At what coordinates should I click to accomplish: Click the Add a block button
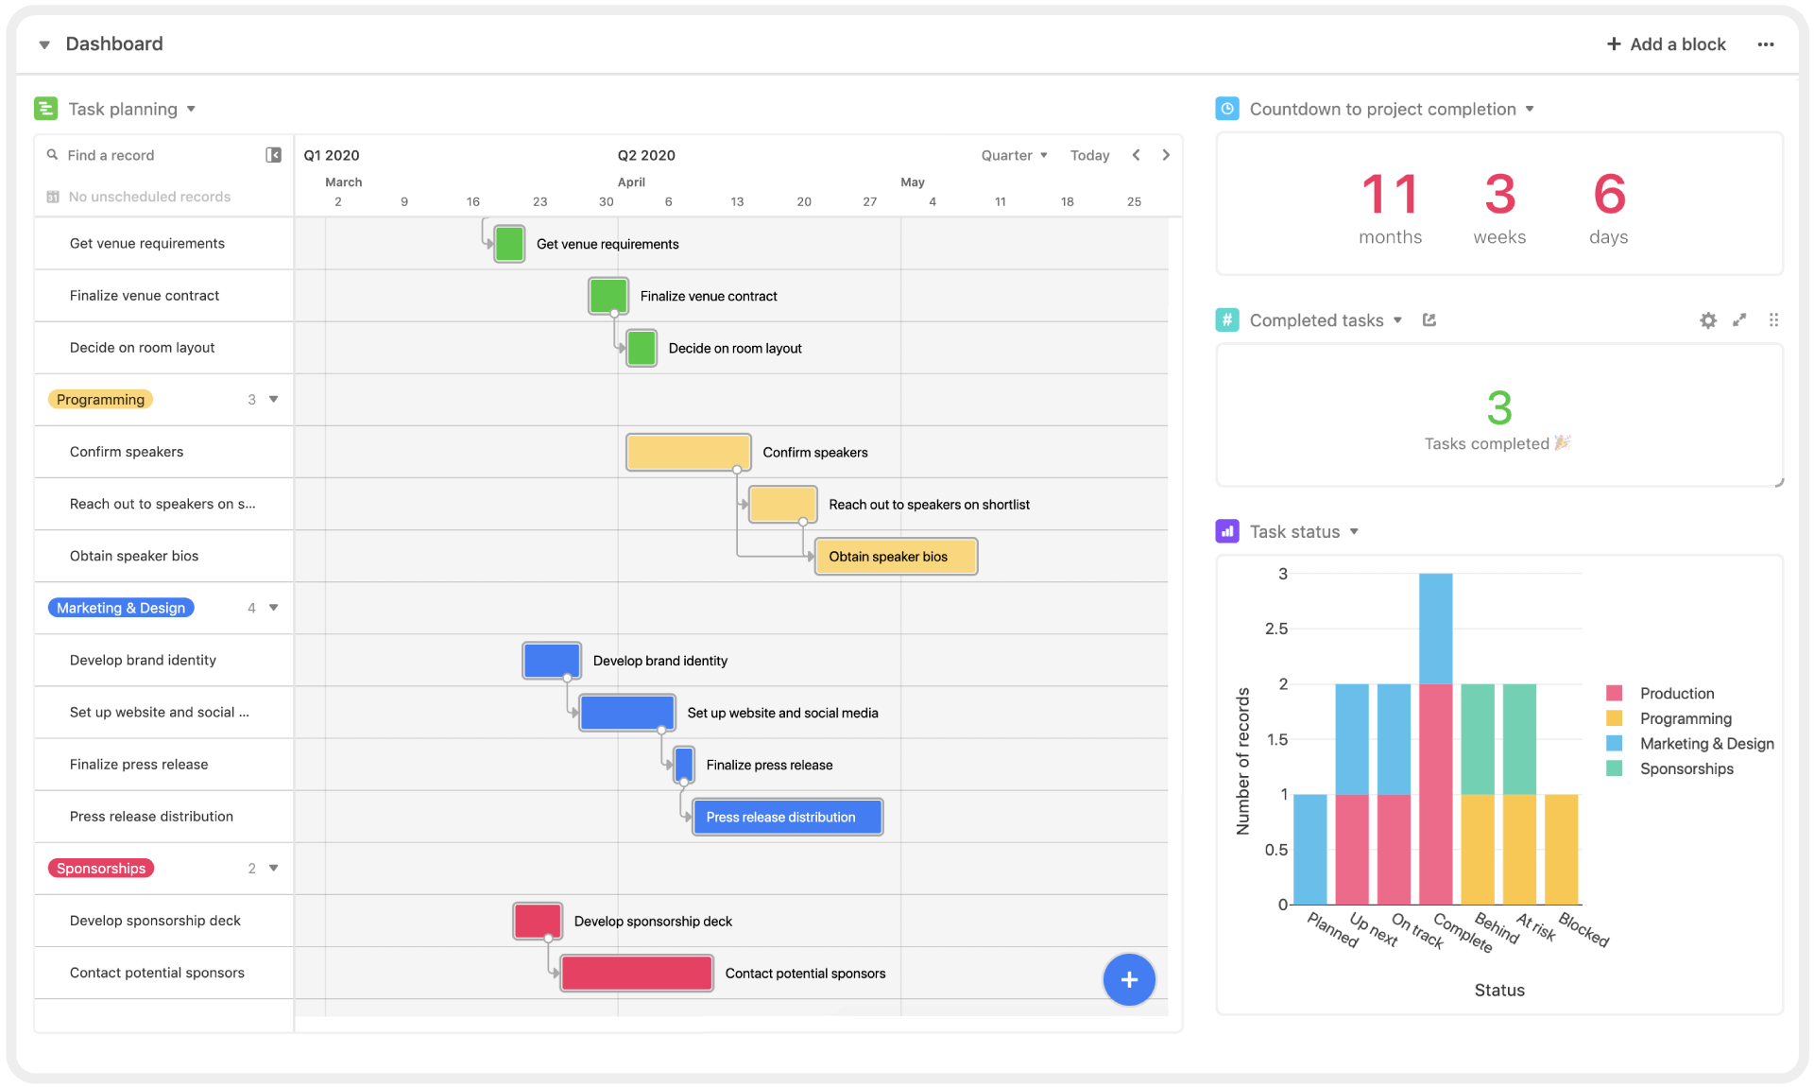tap(1666, 44)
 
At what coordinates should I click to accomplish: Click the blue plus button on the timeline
tap(1129, 979)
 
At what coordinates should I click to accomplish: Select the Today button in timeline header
tap(1089, 155)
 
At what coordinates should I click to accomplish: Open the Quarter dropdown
tap(1014, 155)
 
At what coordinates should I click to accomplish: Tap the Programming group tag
tap(100, 400)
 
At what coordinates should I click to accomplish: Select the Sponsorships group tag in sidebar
tap(101, 869)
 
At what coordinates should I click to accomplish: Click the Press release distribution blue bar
tap(788, 817)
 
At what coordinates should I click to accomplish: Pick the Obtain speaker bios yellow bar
tap(897, 557)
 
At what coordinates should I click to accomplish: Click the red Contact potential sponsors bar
tap(637, 973)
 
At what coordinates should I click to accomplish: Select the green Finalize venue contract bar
tap(608, 296)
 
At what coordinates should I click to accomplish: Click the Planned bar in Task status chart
tap(1309, 849)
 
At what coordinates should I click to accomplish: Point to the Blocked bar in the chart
tap(1561, 849)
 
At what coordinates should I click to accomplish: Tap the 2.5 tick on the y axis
tap(1275, 629)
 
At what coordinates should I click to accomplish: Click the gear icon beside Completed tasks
tap(1708, 320)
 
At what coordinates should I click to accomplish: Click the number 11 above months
tap(1390, 195)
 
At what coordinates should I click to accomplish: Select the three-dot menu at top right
tap(1766, 44)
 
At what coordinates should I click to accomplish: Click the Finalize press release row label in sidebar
tap(139, 765)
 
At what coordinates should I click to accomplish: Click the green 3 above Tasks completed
tap(1499, 408)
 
